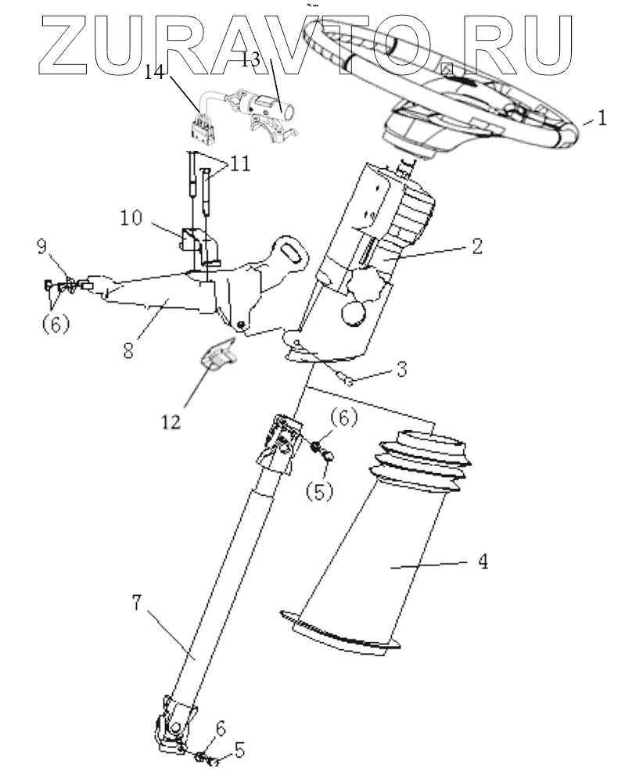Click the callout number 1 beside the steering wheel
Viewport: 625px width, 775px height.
pos(601,120)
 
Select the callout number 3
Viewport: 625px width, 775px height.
pos(401,369)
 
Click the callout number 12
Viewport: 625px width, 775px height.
pos(171,422)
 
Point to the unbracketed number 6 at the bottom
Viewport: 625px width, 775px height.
pos(220,728)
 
